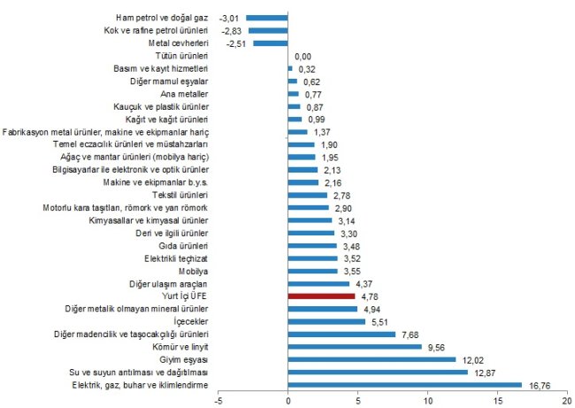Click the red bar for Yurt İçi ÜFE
tap(321, 296)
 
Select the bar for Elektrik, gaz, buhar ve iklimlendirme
tap(404, 385)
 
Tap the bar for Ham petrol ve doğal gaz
tap(267, 17)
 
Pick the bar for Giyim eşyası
tap(372, 359)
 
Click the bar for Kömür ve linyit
tap(355, 347)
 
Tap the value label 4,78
tap(370, 296)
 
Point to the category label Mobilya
tap(194, 271)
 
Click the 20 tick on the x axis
tap(566, 400)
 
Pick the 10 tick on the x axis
tap(427, 400)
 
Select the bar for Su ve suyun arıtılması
tap(378, 373)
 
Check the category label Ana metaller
tap(186, 93)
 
